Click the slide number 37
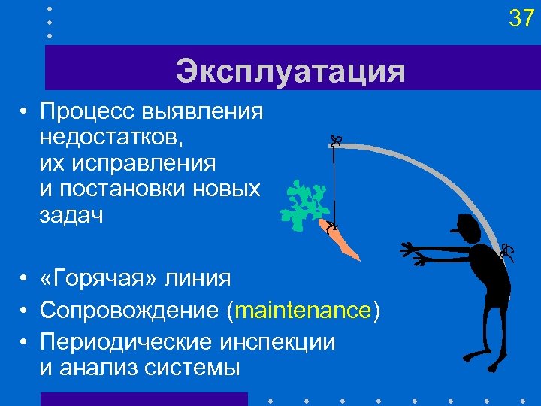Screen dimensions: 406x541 coord(521,18)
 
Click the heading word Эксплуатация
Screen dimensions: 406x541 coord(290,72)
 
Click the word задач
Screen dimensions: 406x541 coord(72,214)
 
